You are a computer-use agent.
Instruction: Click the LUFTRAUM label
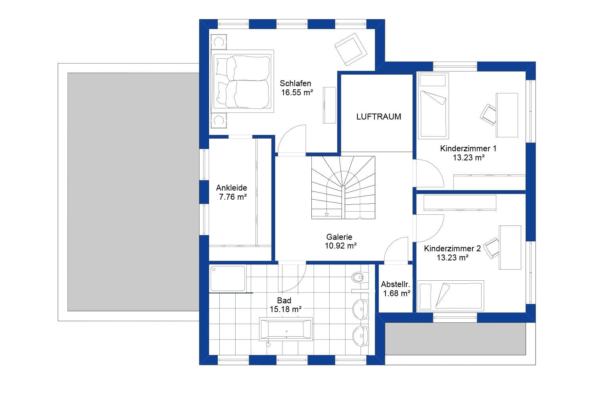(378, 117)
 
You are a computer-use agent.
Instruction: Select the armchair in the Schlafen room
(351, 49)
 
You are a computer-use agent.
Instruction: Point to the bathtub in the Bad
(286, 329)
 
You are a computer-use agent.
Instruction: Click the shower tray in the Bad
(228, 278)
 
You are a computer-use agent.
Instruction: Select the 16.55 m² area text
(297, 93)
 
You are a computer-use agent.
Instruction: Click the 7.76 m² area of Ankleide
(233, 197)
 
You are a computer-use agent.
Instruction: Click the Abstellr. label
(395, 284)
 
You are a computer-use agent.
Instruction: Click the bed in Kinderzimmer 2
(451, 296)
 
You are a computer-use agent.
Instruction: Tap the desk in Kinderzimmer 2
(510, 247)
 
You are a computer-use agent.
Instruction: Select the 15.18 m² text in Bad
(285, 309)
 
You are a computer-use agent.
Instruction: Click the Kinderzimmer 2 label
(452, 249)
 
